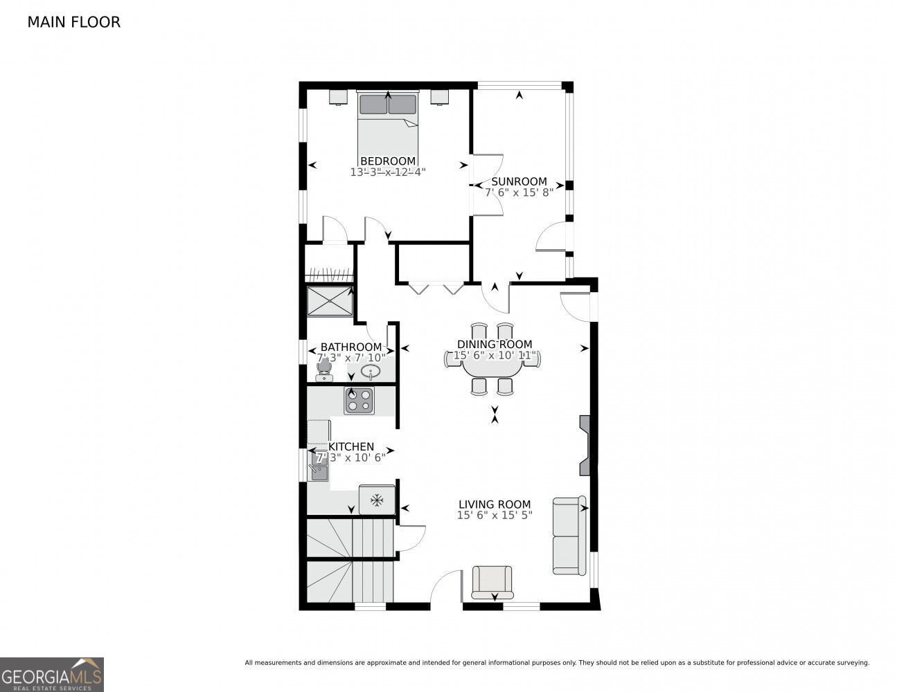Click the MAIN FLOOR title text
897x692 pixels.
(x=73, y=22)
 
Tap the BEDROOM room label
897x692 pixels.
(x=388, y=161)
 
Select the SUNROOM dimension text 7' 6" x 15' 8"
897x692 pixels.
(x=519, y=193)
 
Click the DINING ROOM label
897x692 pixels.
(x=495, y=344)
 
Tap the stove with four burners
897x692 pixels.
(x=359, y=400)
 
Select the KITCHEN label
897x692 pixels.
(x=351, y=447)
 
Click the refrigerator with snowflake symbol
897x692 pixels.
(x=377, y=500)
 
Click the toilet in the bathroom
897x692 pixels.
(x=323, y=372)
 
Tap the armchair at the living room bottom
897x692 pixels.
(x=492, y=582)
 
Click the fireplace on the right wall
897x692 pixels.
(x=585, y=445)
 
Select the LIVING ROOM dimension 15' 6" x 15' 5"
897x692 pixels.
(x=495, y=516)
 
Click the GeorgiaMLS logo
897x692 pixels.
(x=52, y=675)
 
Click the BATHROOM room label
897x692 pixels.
(x=350, y=347)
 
